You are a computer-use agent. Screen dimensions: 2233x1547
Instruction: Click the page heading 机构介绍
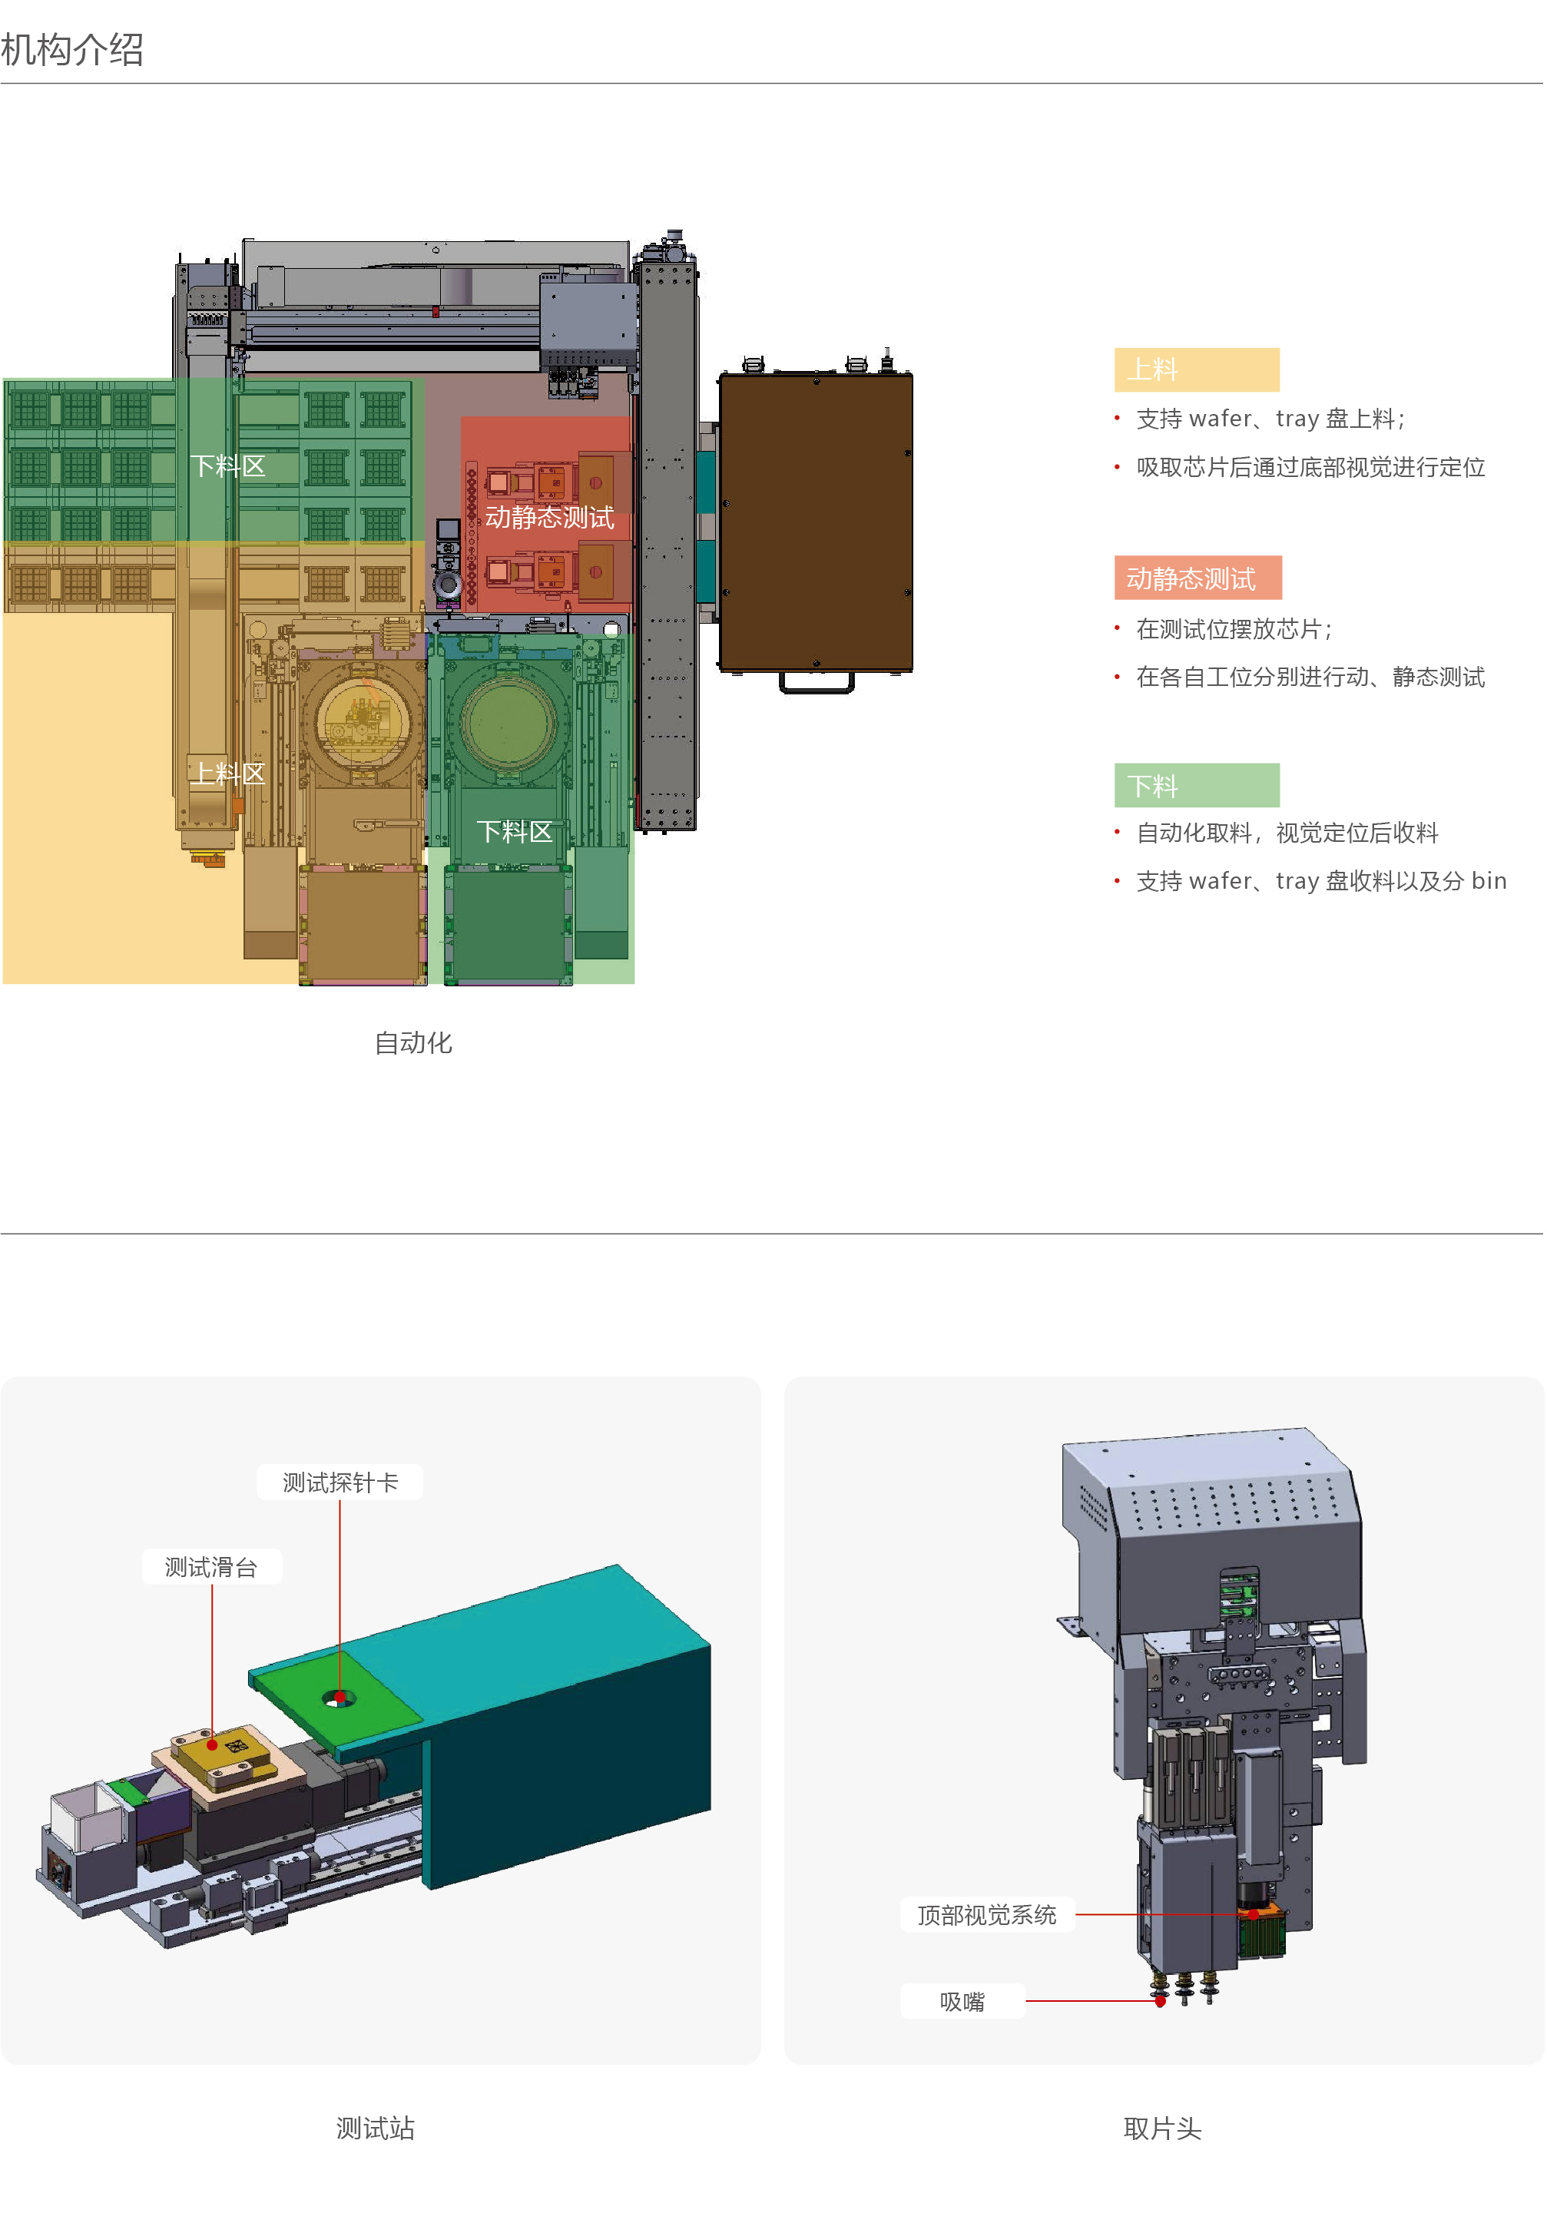coord(73,49)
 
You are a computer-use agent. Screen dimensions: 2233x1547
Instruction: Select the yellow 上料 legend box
coord(1197,369)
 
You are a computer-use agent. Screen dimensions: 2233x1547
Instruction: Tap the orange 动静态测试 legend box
coord(1197,578)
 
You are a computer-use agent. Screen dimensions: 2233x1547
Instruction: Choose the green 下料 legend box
coord(1197,785)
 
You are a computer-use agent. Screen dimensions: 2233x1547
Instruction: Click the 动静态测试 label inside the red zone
coord(550,518)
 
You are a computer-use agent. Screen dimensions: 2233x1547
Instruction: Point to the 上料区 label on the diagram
coord(227,774)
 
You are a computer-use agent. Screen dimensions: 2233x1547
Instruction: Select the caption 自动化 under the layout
coord(414,1043)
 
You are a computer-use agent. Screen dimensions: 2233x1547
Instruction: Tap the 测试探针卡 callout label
coord(340,1483)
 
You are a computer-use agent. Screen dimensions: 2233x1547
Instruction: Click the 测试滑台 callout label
coord(211,1567)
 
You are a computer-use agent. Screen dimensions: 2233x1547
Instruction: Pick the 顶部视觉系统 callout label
coord(987,1915)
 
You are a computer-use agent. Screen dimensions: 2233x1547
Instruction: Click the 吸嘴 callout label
coord(962,2001)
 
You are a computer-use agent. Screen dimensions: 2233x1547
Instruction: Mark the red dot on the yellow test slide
coord(212,1744)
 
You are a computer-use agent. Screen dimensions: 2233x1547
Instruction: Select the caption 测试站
coord(375,2129)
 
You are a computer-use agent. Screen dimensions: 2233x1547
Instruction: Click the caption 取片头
coord(1162,2129)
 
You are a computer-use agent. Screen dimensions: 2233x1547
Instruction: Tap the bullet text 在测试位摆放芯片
coord(1233,630)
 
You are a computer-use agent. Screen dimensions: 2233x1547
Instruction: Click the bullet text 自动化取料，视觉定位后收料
coord(1287,833)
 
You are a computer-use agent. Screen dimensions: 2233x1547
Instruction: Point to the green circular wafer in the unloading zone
coord(508,722)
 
